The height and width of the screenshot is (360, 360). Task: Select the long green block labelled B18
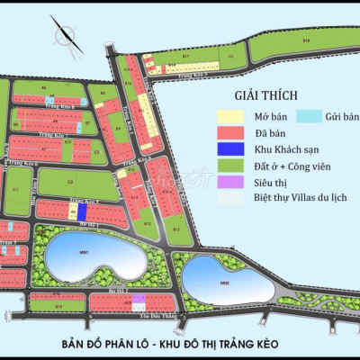306,41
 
